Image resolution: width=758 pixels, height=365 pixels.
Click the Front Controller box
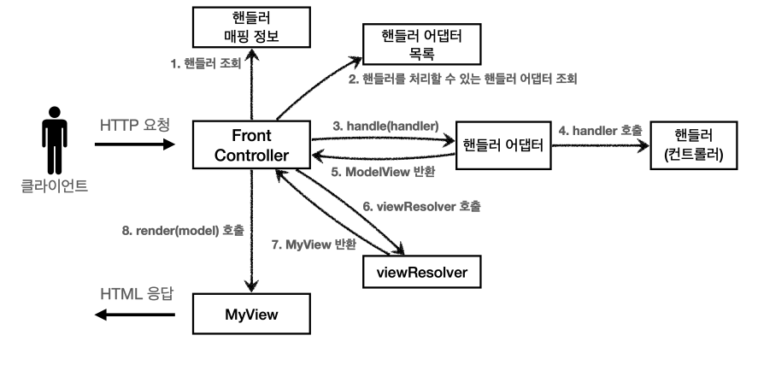[251, 145]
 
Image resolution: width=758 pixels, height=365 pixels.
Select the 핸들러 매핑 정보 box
[251, 27]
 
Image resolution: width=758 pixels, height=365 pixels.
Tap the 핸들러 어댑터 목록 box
[421, 44]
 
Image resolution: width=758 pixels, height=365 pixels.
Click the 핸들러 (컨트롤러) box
[694, 145]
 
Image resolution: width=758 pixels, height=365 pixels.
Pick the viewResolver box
[422, 272]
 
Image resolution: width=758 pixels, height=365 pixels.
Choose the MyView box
[251, 314]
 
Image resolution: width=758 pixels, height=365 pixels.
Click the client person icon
[55, 140]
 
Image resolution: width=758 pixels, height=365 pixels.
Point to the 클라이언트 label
[55, 186]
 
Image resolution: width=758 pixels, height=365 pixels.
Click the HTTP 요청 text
[135, 125]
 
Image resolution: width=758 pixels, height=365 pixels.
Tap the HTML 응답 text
[137, 294]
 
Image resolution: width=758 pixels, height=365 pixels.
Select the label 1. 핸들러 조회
[206, 64]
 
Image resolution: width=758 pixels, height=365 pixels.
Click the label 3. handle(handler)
[385, 127]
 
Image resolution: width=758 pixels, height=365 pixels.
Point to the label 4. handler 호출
[601, 130]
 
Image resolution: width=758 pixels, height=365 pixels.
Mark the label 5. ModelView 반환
[383, 172]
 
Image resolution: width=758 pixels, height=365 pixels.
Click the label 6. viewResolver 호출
[422, 206]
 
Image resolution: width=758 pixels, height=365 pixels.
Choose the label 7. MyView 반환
[314, 244]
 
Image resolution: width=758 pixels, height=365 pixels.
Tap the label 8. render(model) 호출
[183, 231]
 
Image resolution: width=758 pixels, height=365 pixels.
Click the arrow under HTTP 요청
[135, 144]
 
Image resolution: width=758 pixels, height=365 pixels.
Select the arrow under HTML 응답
[135, 315]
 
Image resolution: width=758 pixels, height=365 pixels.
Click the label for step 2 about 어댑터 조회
[463, 79]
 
